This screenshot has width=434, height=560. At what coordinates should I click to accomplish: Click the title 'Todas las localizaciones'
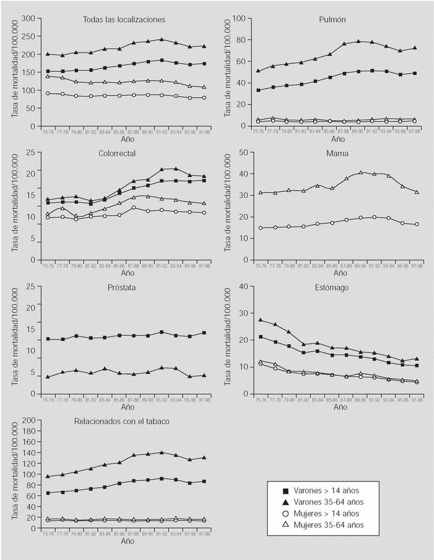click(124, 20)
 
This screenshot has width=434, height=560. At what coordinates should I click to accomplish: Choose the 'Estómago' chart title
click(333, 287)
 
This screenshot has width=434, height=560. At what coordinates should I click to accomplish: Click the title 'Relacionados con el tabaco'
click(122, 421)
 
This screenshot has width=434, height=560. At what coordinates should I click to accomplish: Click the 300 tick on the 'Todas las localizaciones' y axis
click(28, 18)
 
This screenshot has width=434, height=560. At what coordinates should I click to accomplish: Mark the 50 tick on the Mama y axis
click(243, 153)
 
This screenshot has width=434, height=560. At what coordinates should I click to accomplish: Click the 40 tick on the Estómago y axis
click(243, 287)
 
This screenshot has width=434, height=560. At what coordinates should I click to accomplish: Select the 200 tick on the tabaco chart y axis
click(28, 420)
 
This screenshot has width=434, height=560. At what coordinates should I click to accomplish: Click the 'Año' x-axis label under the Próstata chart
click(128, 408)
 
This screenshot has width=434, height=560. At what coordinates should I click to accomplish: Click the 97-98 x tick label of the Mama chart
click(415, 266)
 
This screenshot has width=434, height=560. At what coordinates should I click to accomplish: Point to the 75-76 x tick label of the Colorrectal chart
click(48, 266)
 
